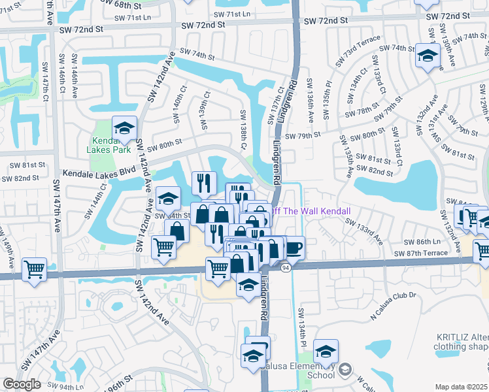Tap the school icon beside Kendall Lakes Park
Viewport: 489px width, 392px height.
coord(124,129)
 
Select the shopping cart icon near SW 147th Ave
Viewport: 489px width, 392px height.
coord(33,269)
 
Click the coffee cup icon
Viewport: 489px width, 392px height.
coord(294,248)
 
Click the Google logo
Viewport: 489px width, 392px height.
coord(22,384)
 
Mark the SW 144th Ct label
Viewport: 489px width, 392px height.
coord(95,202)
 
